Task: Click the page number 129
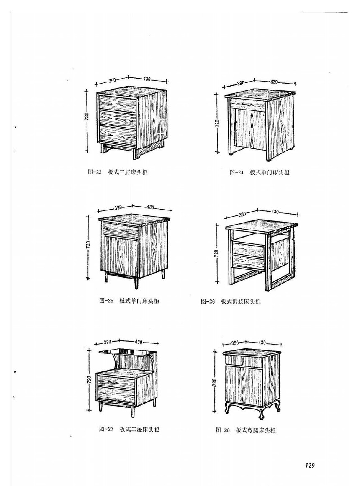310,465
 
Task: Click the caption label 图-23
95,172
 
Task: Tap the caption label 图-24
237,173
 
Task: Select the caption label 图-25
106,301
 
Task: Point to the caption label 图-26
208,301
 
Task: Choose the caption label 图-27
106,429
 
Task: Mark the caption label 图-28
223,430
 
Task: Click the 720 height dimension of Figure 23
87,116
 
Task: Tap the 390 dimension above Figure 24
241,83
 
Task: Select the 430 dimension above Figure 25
150,207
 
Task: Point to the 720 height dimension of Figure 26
216,253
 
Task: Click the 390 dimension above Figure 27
108,342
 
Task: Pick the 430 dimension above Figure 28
262,343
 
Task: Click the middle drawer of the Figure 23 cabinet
118,117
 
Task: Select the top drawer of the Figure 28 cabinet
244,361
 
